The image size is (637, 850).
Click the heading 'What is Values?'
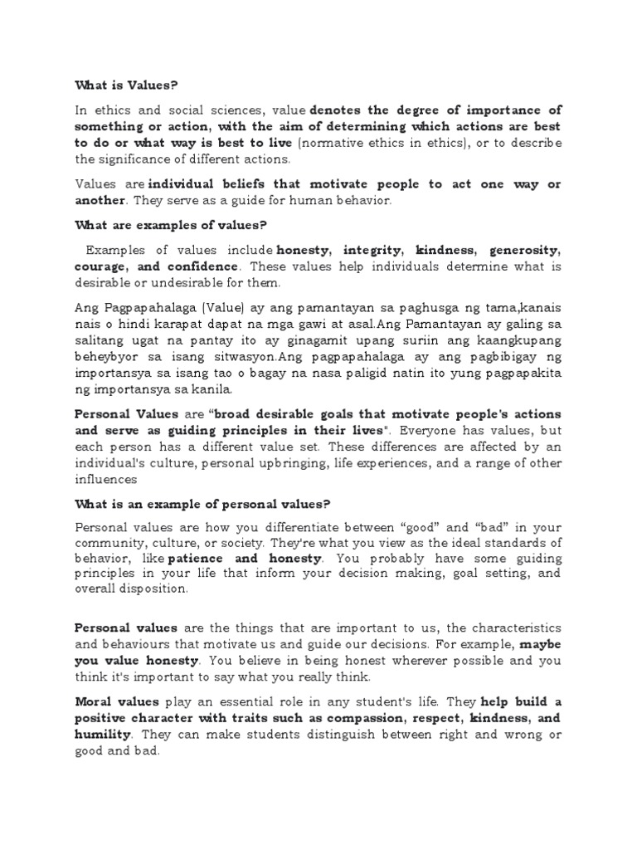(127, 84)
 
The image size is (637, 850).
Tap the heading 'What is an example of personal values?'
(202, 504)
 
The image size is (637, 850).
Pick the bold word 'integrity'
(373, 250)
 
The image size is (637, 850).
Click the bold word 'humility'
(103, 734)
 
